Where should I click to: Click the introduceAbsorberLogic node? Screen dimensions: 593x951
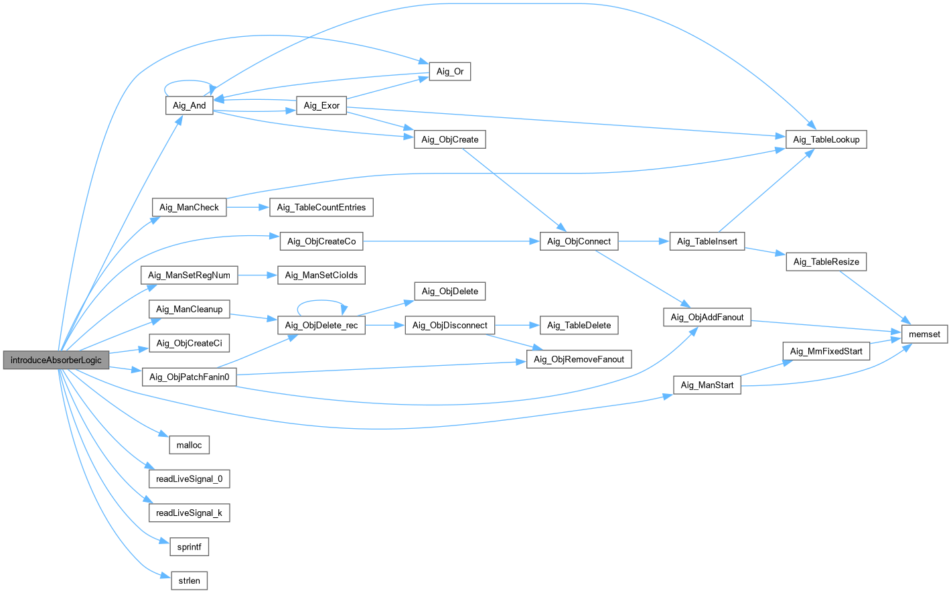[56, 360]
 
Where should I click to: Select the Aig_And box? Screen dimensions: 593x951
[189, 105]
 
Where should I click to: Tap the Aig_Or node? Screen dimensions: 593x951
[449, 71]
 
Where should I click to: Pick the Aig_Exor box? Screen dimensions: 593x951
[321, 105]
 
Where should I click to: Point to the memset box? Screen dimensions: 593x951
[924, 334]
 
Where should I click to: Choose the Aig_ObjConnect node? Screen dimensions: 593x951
[579, 241]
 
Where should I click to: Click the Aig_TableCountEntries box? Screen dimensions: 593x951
[321, 207]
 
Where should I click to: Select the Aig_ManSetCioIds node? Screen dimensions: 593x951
[321, 275]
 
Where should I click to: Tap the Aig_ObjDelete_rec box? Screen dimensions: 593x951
[321, 326]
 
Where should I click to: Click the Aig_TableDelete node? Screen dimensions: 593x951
[579, 325]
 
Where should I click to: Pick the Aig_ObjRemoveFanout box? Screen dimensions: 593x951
[579, 359]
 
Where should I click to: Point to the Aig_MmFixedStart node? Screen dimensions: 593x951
[826, 351]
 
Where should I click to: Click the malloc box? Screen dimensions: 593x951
[189, 445]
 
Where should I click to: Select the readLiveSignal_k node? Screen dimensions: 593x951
[189, 513]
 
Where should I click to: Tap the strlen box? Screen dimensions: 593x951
[189, 580]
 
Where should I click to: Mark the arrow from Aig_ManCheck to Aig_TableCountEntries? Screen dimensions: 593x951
[247, 207]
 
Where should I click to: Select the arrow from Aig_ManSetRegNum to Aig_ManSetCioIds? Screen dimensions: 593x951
[257, 275]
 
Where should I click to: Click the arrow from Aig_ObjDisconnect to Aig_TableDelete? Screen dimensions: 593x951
[516, 325]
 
